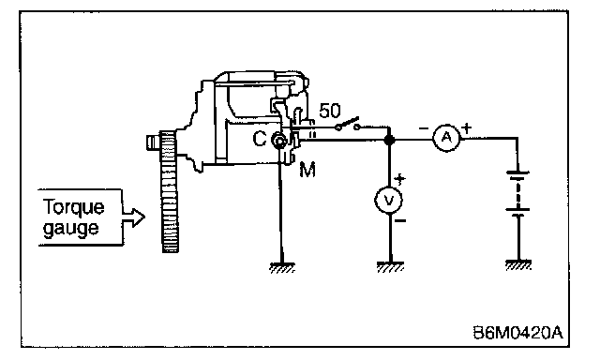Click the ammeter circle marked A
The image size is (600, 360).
(x=446, y=138)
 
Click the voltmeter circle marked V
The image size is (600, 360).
(x=389, y=200)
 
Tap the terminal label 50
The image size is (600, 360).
(x=329, y=111)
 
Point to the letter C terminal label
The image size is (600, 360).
(x=260, y=139)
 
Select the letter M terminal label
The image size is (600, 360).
(x=307, y=170)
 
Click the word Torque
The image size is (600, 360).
(x=73, y=208)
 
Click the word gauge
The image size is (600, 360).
(x=71, y=229)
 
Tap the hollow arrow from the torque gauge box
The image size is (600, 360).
(x=133, y=217)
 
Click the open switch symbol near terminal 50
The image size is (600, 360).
(x=348, y=124)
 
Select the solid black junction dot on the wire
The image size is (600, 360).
(x=389, y=140)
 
